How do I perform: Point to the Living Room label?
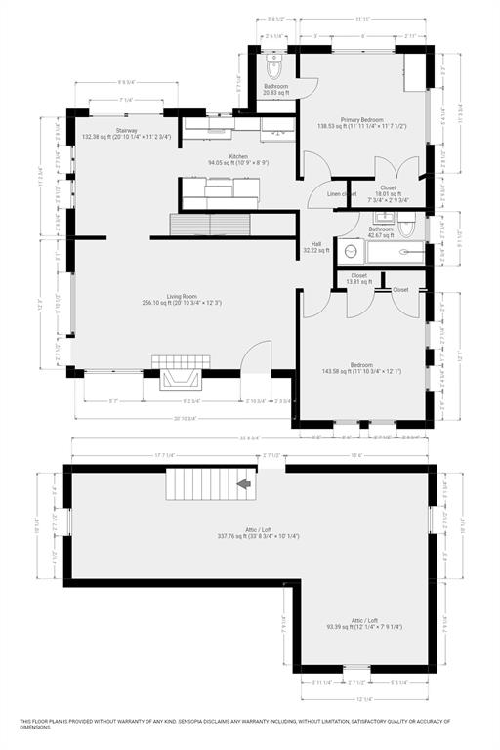click(x=182, y=298)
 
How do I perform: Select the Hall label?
click(x=316, y=247)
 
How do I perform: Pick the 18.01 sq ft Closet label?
click(x=388, y=191)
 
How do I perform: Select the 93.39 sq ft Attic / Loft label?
click(x=363, y=624)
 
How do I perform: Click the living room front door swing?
click(x=253, y=357)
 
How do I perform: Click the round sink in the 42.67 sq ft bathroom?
click(x=351, y=252)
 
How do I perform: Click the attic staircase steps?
click(x=200, y=482)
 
